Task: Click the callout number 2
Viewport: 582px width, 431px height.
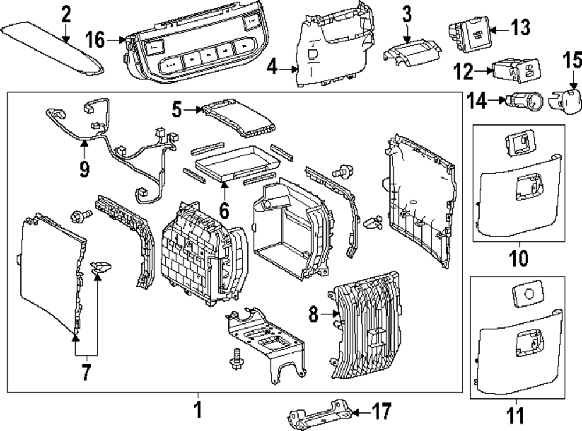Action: (x=66, y=14)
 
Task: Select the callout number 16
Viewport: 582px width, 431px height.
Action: (x=95, y=40)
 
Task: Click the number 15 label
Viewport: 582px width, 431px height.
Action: (x=572, y=60)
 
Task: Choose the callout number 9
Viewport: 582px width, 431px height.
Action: (x=85, y=169)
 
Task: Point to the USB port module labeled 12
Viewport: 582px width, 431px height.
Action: (x=514, y=70)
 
